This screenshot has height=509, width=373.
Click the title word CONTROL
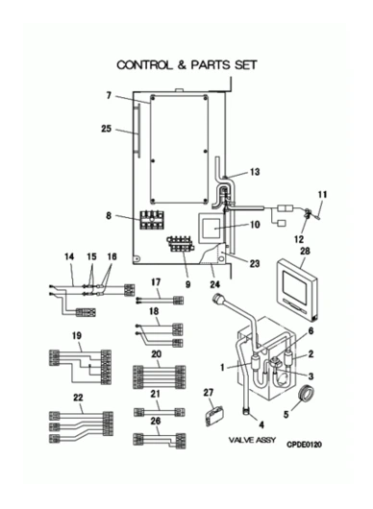(x=145, y=65)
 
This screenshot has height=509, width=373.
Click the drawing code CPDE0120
(x=304, y=445)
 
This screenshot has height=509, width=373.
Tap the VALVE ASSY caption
(x=252, y=440)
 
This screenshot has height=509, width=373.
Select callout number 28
(x=305, y=251)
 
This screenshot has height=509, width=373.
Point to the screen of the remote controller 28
(x=295, y=286)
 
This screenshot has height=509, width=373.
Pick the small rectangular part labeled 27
(x=213, y=416)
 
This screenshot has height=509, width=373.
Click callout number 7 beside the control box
(x=109, y=95)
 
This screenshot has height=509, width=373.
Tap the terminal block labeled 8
(x=152, y=220)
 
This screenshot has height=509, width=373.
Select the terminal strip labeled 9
(x=180, y=244)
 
